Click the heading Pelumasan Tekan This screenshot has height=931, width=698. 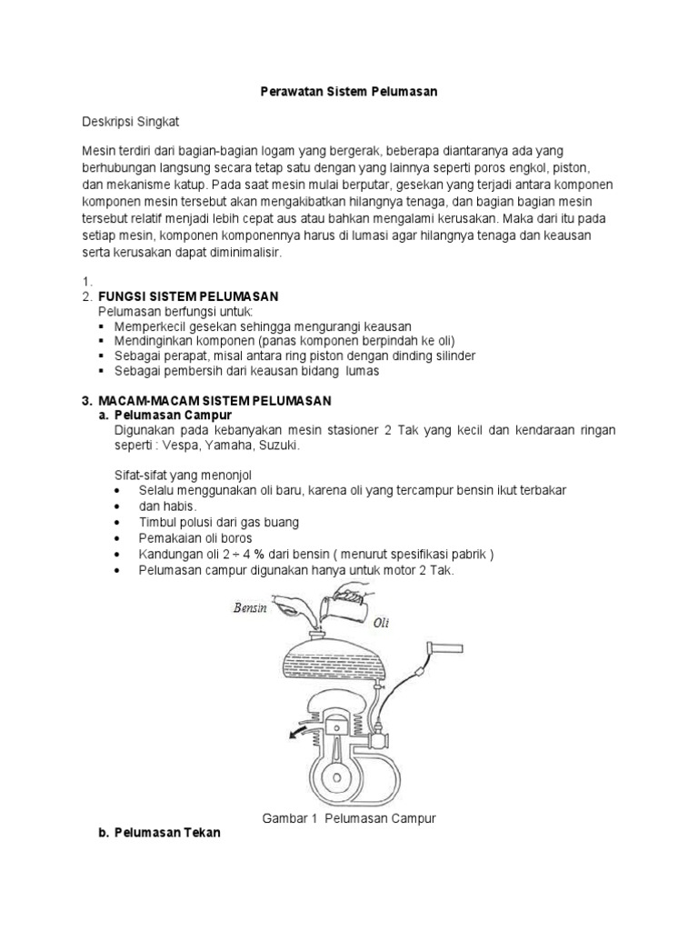pyautogui.click(x=167, y=833)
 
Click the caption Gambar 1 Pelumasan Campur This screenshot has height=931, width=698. pyautogui.click(x=349, y=818)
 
